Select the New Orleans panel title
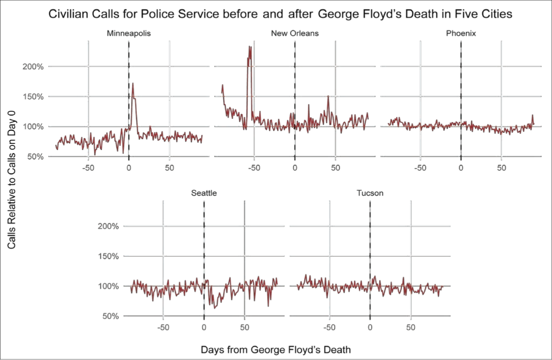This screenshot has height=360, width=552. point(295,33)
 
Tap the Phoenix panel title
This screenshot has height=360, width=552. point(461,33)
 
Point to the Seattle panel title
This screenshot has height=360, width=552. point(204,193)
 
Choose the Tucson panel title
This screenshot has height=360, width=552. point(370,193)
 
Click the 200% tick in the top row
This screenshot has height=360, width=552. point(33,66)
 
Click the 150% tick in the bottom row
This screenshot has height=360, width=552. point(108,256)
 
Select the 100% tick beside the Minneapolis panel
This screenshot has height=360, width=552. point(33,126)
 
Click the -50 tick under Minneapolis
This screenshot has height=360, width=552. point(88,168)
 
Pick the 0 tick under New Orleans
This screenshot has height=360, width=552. point(295,168)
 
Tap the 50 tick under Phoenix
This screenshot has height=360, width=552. point(501,168)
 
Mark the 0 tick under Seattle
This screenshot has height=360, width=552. point(204,327)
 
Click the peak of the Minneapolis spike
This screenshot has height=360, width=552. point(133,84)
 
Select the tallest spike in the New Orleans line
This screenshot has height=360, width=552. point(250,46)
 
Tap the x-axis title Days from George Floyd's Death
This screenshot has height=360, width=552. point(275,350)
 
